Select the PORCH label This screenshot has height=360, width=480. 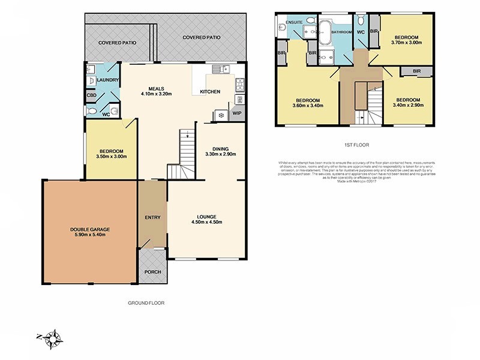153,272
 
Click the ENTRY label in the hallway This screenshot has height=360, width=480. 152,217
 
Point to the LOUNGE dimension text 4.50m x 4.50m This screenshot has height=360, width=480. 206,223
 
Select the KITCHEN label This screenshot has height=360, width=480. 210,92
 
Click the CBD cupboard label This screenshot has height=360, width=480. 92,95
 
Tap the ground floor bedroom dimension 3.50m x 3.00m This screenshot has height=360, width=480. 111,157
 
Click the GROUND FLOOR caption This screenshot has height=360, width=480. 146,303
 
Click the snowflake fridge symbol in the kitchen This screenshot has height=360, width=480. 221,115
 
